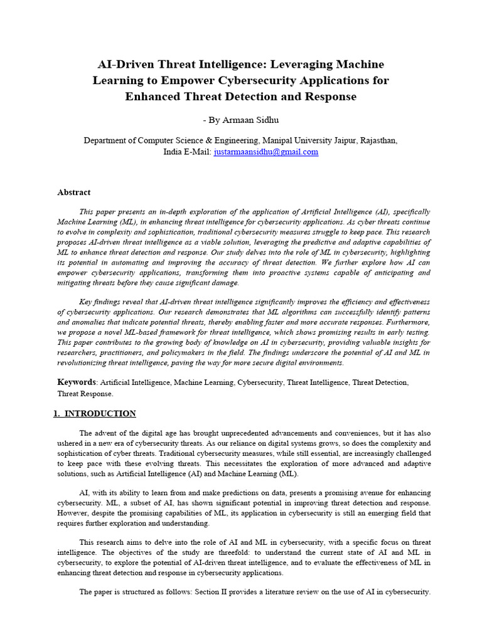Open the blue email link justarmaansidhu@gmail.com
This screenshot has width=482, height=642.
266,152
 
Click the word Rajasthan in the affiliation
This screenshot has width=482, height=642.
376,140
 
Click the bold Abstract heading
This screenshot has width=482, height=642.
74,192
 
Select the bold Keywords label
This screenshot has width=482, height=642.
77,382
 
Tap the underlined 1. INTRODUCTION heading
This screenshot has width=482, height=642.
94,414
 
